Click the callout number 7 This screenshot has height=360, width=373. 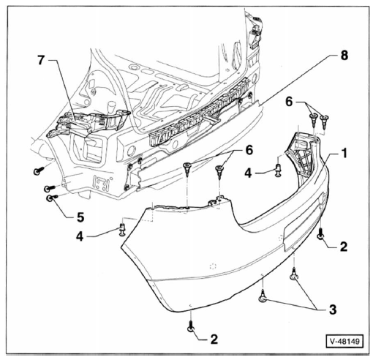(x=42, y=60)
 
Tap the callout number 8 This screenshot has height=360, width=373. (x=344, y=56)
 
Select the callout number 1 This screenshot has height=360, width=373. (x=344, y=154)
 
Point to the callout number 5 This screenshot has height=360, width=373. (x=80, y=217)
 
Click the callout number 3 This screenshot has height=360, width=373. (x=333, y=310)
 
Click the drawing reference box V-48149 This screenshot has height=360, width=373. (x=344, y=341)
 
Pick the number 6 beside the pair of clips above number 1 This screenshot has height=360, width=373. (x=289, y=102)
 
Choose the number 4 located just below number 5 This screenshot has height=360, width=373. (x=80, y=236)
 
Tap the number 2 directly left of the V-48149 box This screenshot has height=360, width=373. (x=214, y=340)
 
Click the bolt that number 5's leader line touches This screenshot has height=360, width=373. (x=51, y=198)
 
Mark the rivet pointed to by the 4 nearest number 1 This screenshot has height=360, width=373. (x=279, y=170)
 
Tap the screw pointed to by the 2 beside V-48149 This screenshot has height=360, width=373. (x=191, y=326)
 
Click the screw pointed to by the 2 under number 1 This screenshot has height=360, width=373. (x=320, y=234)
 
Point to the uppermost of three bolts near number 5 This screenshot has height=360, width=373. (x=39, y=170)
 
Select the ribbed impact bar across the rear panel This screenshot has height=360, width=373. (x=200, y=113)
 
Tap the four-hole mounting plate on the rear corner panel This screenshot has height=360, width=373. (x=102, y=183)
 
